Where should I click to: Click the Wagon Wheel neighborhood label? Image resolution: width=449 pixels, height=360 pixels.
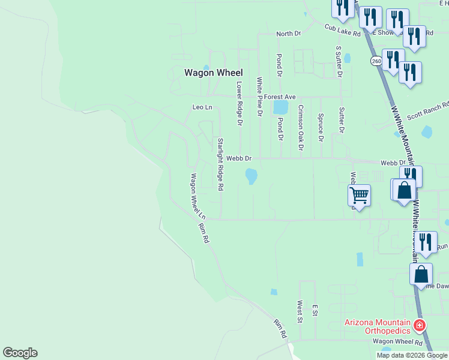tap(213, 73)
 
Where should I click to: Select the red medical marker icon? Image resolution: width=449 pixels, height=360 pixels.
tap(420, 326)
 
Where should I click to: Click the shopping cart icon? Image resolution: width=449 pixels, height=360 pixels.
tap(359, 194)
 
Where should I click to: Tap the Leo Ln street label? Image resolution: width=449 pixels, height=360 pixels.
tap(202, 107)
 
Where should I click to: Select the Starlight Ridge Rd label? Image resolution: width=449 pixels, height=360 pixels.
tap(220, 164)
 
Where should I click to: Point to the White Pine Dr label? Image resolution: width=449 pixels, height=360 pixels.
tap(259, 96)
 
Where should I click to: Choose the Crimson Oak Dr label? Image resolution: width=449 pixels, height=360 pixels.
tap(301, 128)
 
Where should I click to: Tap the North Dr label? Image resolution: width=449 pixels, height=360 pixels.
tap(288, 34)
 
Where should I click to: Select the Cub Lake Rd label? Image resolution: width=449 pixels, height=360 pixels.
tap(342, 30)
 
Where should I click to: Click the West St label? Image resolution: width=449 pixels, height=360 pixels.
tap(299, 311)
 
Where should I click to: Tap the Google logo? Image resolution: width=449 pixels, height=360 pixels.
tap(20, 353)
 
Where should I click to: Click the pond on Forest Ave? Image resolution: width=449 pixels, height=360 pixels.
tap(280, 107)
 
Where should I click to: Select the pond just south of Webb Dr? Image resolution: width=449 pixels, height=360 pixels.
tap(252, 176)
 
